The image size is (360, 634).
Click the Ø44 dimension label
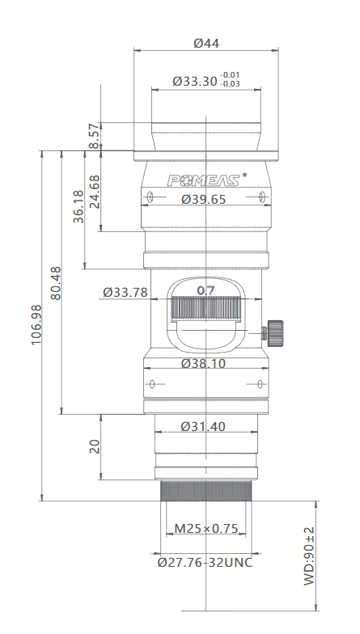click(x=206, y=44)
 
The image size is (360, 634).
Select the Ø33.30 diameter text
click(x=195, y=81)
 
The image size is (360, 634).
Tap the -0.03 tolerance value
click(x=230, y=84)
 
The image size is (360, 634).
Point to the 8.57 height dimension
click(x=94, y=136)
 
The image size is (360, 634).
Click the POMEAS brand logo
click(x=204, y=180)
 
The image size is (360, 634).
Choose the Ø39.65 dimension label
click(x=204, y=199)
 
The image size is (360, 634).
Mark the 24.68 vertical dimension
click(x=94, y=191)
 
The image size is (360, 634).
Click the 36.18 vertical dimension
click(x=78, y=206)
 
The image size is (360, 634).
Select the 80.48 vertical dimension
click(x=56, y=283)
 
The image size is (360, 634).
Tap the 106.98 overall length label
click(x=36, y=325)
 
